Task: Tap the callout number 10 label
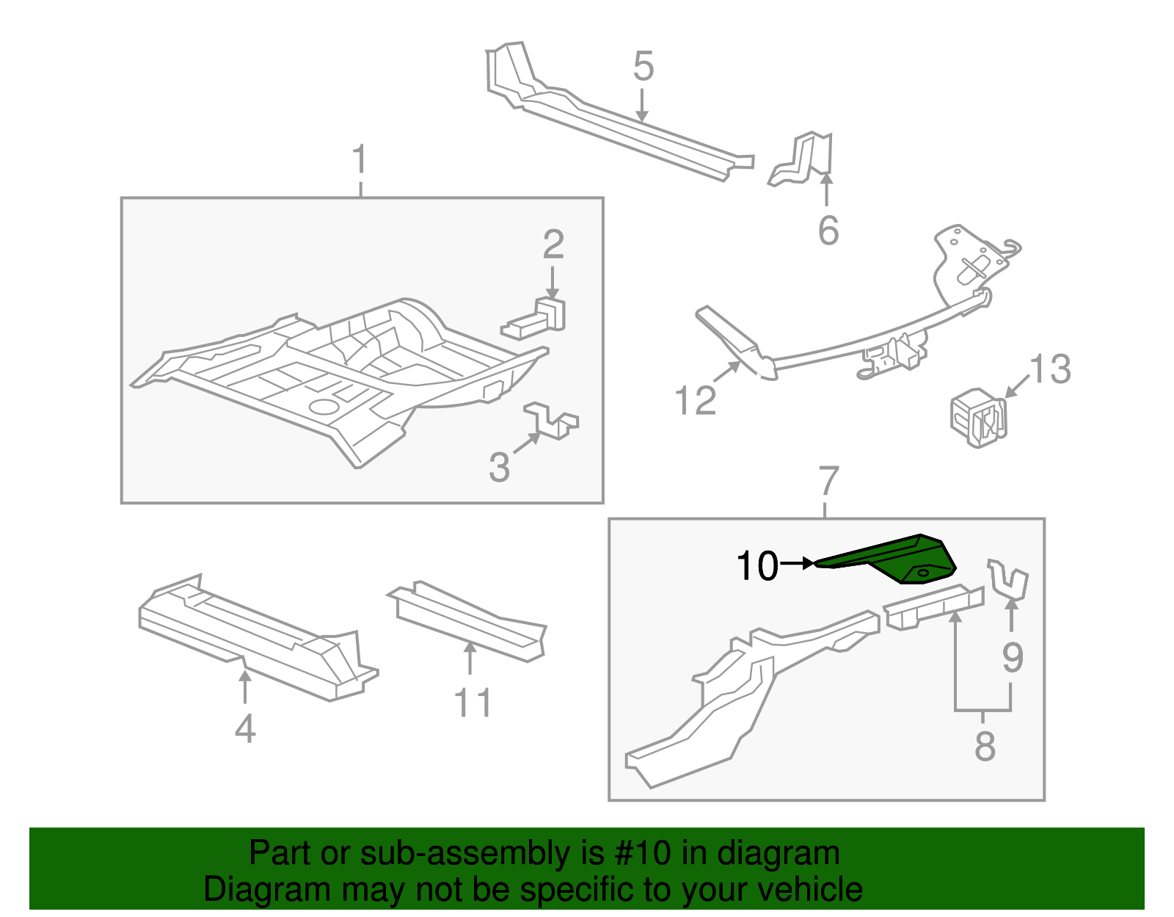click(x=756, y=566)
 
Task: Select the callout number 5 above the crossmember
click(x=643, y=67)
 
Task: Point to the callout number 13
click(x=1050, y=369)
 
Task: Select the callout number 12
click(x=695, y=401)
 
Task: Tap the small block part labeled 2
click(x=539, y=319)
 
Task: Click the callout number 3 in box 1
click(x=499, y=468)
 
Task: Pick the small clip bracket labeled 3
click(x=552, y=421)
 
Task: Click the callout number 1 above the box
click(x=360, y=160)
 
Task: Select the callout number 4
click(x=245, y=729)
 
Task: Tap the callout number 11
click(x=472, y=703)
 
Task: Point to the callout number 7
click(x=828, y=482)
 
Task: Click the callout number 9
click(x=1013, y=657)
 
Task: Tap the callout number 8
click(x=985, y=747)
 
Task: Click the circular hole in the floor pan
click(x=323, y=406)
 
